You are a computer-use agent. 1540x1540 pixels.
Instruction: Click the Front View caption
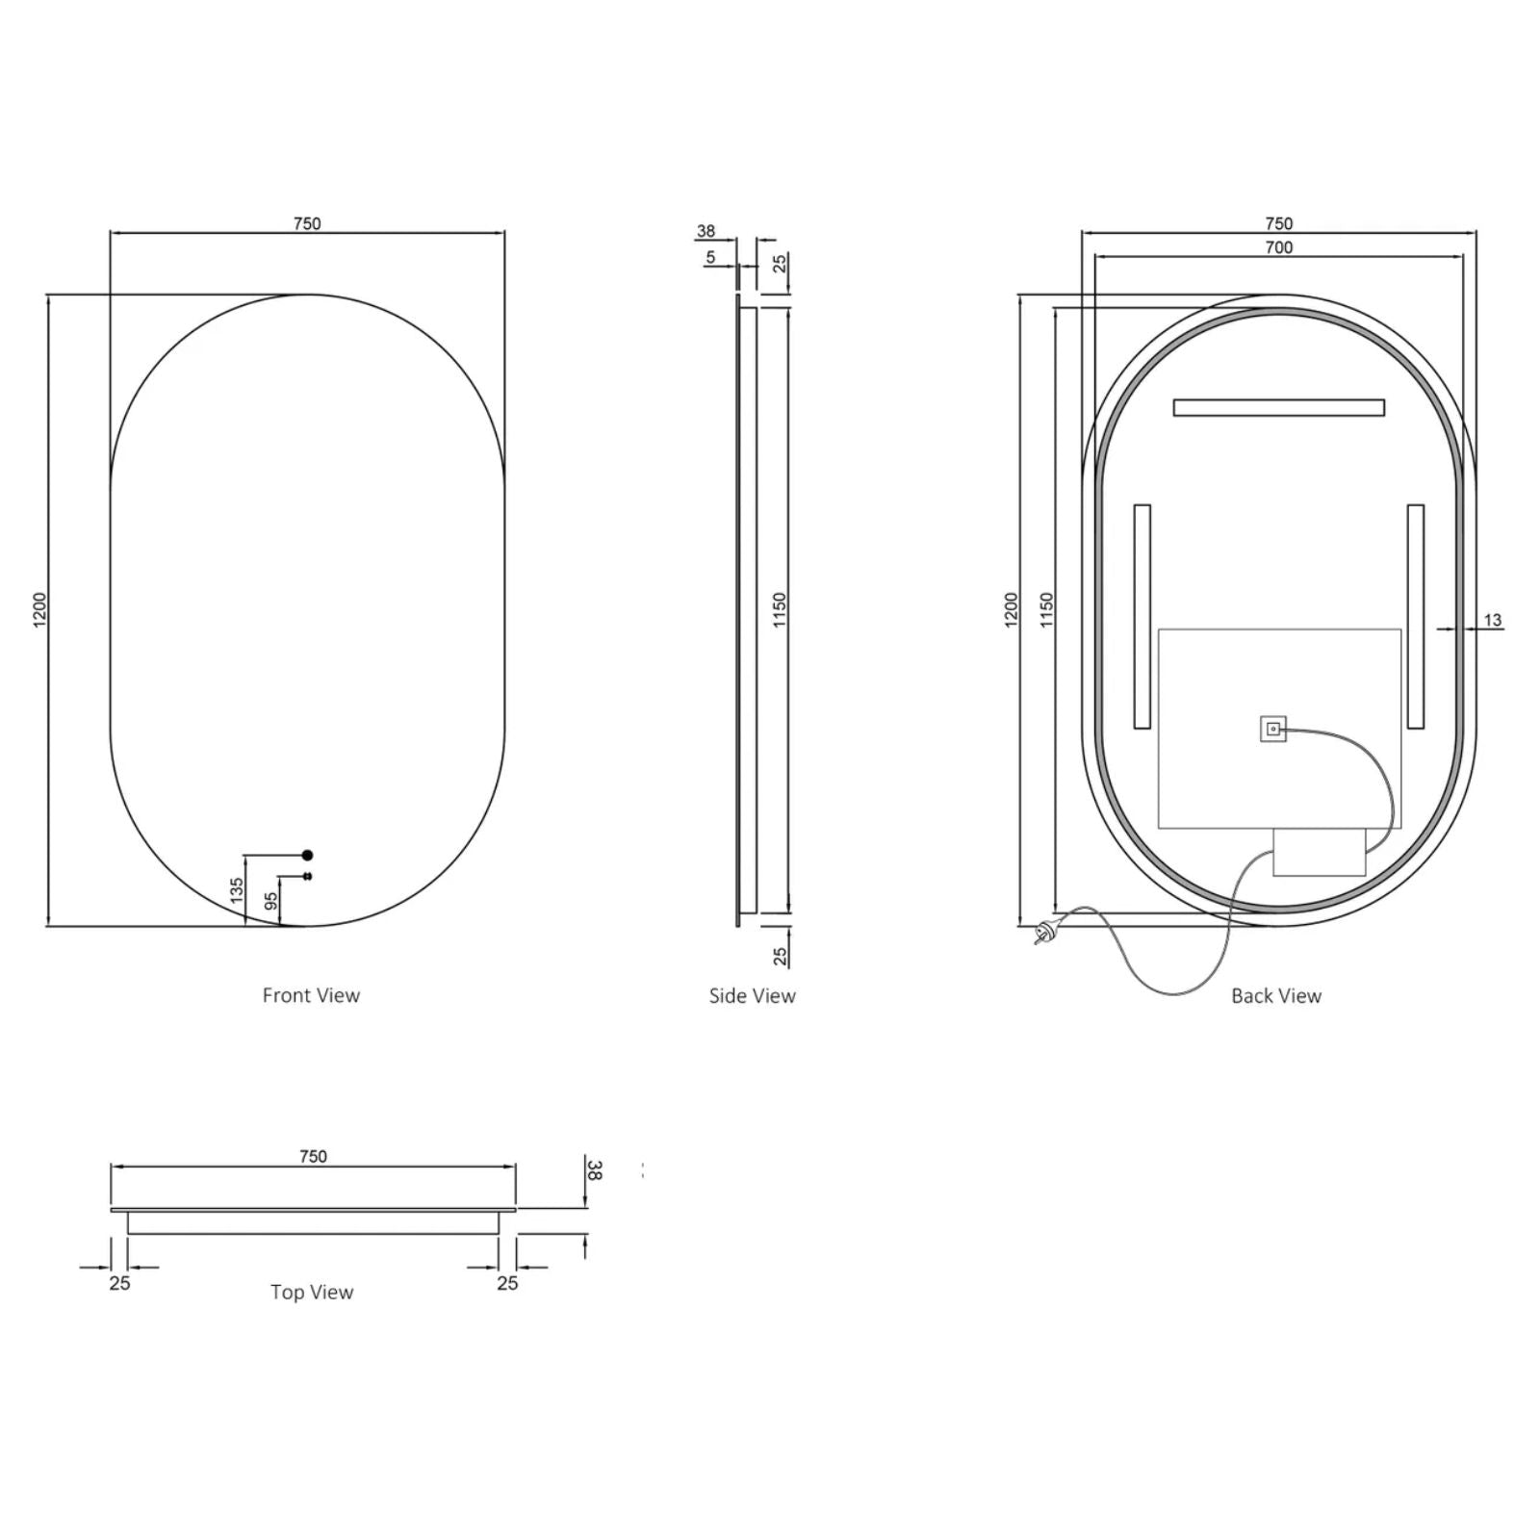coord(311,995)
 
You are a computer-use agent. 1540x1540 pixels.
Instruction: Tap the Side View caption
coord(752,995)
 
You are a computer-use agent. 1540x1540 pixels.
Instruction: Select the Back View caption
coord(1275,995)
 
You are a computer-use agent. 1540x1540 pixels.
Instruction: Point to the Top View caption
coord(311,1292)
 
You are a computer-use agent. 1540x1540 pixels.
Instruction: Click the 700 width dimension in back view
coord(1278,247)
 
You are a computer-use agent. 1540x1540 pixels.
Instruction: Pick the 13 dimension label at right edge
coord(1492,620)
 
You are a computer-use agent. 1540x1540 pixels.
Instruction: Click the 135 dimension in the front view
coord(237,889)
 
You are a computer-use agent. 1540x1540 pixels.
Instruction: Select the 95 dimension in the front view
coord(271,901)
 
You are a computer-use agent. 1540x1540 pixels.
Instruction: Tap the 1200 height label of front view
coord(39,610)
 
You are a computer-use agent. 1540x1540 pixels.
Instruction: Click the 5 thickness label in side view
coord(710,257)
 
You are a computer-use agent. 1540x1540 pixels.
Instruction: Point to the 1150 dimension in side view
coord(779,610)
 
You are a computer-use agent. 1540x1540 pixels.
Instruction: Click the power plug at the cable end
coord(1043,932)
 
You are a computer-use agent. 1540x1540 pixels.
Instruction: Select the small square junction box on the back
coord(1272,729)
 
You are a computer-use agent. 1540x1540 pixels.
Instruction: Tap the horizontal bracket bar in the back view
coord(1278,407)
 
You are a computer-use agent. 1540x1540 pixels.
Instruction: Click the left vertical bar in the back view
coord(1142,616)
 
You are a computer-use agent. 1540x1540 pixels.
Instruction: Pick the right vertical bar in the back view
coord(1415,616)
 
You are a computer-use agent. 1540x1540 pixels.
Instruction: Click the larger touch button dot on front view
coord(308,854)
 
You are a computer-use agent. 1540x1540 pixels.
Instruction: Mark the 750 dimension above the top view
coord(313,1156)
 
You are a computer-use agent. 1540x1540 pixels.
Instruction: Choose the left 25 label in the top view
coord(119,1283)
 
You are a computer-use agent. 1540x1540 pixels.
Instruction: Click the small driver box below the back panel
coord(1319,853)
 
